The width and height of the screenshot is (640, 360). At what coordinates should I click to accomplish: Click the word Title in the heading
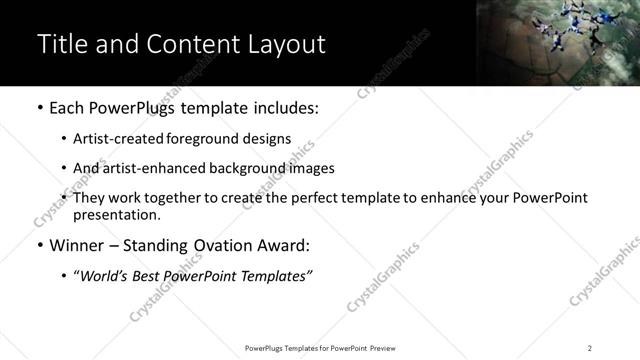61,44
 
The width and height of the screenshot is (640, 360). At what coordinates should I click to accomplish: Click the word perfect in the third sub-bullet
321,198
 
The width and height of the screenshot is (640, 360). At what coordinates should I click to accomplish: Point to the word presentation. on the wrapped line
116,214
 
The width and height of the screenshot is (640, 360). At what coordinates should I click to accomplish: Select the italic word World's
106,275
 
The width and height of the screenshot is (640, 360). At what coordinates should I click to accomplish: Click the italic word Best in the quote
149,275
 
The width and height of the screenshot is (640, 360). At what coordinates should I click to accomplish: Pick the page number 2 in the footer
589,347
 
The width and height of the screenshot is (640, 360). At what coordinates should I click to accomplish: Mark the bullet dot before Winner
39,245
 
